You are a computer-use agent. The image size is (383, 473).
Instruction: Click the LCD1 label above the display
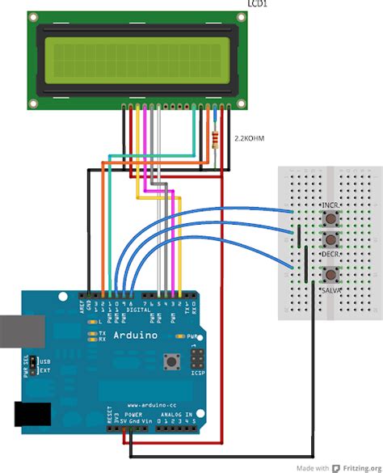click(x=256, y=6)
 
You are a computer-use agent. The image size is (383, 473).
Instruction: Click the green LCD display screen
click(x=138, y=61)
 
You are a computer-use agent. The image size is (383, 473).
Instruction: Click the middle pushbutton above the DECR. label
click(x=330, y=239)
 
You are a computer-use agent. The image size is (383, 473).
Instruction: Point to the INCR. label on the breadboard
click(x=330, y=207)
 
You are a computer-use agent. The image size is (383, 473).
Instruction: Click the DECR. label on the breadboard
click(x=330, y=253)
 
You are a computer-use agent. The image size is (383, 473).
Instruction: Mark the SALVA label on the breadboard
click(x=330, y=289)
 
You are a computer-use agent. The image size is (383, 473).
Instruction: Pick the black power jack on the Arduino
click(x=29, y=413)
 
